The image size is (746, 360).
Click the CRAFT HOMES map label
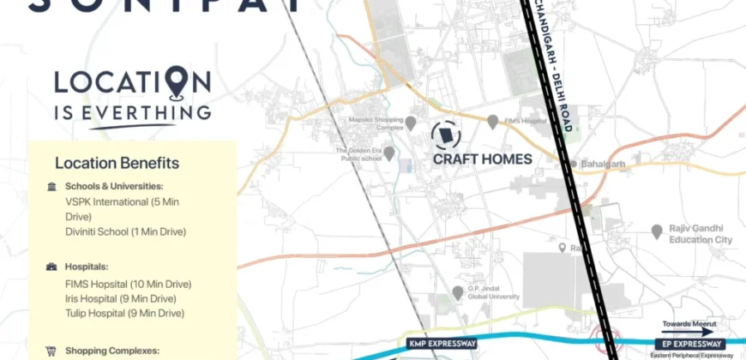482,159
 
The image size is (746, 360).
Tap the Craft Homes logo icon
444,135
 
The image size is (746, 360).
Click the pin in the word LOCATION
176,82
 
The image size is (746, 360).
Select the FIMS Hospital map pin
493,123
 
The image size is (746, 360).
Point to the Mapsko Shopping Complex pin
411,123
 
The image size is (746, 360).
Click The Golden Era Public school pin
389,153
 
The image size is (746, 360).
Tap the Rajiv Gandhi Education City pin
657,231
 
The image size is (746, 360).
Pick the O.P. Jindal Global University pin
458,293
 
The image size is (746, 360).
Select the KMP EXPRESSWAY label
442,344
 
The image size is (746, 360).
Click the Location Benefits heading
117,163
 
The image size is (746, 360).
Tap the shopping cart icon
51,351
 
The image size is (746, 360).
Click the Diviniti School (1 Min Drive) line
125,231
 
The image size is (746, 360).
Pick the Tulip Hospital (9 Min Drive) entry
125,314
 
